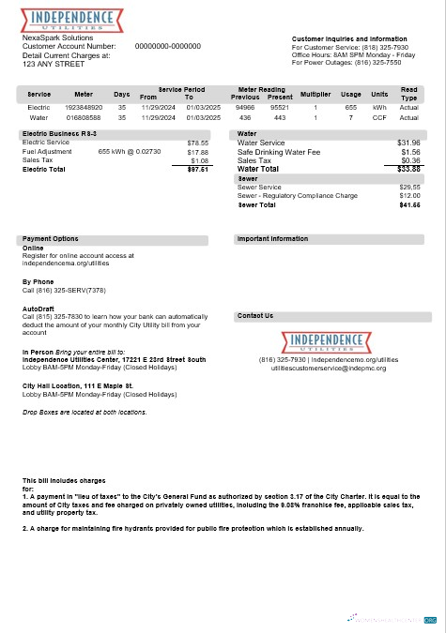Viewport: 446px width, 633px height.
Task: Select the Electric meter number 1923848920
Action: click(84, 108)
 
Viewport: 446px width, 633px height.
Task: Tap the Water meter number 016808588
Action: click(84, 118)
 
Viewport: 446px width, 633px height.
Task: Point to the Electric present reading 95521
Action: click(280, 108)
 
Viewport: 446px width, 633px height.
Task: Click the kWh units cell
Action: click(379, 108)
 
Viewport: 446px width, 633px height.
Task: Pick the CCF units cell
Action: click(379, 118)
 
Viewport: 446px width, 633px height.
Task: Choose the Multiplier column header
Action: click(316, 95)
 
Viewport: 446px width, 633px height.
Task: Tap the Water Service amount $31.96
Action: click(409, 143)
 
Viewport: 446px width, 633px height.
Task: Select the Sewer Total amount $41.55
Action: click(409, 204)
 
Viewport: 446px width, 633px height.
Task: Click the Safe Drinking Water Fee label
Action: click(279, 152)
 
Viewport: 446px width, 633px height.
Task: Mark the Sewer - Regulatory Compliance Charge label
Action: click(298, 195)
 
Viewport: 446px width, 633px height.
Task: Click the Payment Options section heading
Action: click(51, 239)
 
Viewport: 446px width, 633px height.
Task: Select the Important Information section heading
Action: click(273, 239)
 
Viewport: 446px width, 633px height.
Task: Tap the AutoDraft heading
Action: click(38, 308)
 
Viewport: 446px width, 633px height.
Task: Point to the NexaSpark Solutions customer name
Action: click(58, 38)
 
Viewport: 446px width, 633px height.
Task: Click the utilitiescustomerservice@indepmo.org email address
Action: click(329, 368)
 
